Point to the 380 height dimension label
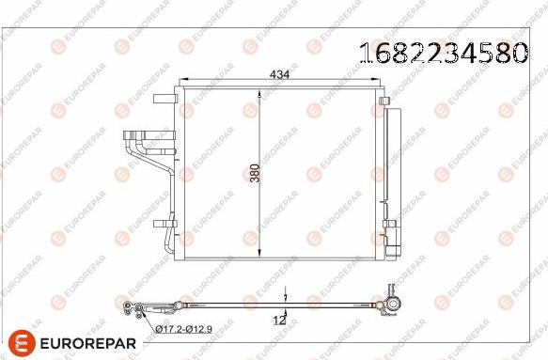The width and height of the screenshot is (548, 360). (254, 168)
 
